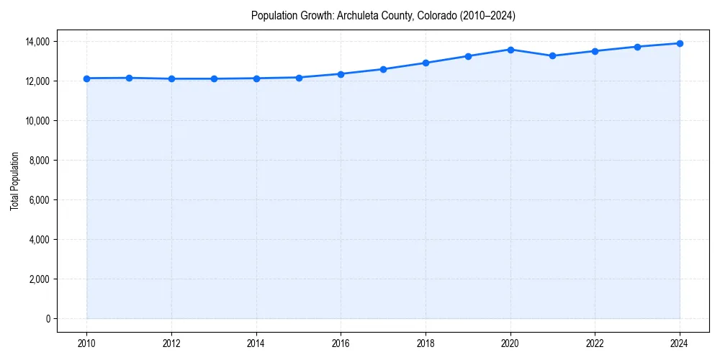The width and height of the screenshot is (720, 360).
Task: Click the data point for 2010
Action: pos(86,78)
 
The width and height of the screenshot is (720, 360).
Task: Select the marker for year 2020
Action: pos(510,50)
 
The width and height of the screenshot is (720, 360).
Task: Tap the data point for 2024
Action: pos(680,43)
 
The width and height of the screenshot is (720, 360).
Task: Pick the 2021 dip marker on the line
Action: pos(552,55)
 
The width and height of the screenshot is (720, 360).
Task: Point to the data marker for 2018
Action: pos(426,63)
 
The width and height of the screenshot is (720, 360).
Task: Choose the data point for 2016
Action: pos(341,74)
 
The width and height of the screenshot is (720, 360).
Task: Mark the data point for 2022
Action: pos(595,51)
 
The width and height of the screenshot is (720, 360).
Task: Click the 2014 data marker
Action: pos(256,78)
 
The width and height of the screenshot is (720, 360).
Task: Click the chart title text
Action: pos(383,15)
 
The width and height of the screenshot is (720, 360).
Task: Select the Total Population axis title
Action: pos(15,181)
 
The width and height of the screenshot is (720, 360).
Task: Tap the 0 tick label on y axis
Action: pos(48,319)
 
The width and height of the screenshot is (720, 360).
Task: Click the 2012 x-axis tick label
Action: pos(171,343)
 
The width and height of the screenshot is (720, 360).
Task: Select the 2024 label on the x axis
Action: pos(680,343)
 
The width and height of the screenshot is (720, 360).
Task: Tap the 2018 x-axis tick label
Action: pos(426,343)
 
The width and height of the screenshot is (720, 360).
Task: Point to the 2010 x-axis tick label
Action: pos(86,343)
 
